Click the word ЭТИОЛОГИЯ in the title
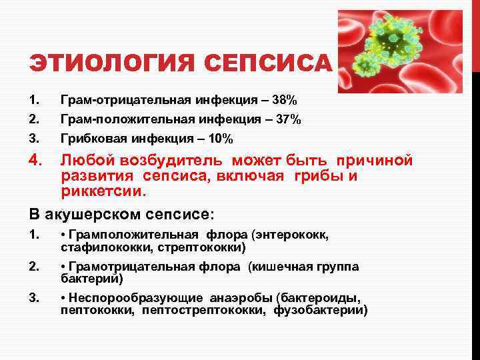pyautogui.click(x=111, y=64)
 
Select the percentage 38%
pyautogui.click(x=285, y=101)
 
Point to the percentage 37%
pyautogui.click(x=289, y=120)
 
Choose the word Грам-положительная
pyautogui.click(x=127, y=120)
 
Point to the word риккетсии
pyautogui.click(x=102, y=191)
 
